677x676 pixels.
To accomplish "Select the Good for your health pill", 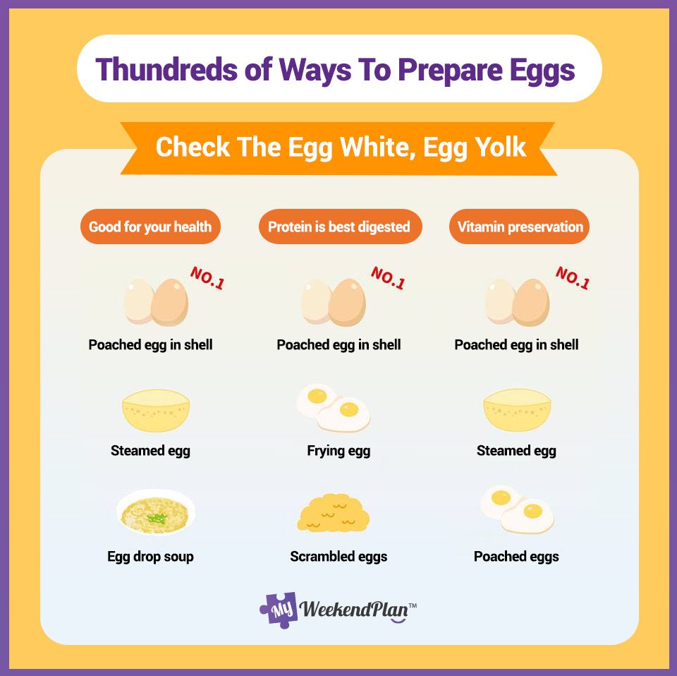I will pos(150,227).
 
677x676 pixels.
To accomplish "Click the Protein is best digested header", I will pos(338,227).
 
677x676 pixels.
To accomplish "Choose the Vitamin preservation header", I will pos(520,227).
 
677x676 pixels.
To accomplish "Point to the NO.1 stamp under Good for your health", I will pos(207,278).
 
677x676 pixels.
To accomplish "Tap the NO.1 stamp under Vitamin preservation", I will pos(572,278).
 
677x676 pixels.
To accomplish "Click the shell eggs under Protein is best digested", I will pos(334,301).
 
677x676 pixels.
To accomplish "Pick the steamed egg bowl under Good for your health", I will pos(156,410).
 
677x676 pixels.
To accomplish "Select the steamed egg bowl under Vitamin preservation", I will pos(516,410).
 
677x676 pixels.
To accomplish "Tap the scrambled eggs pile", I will pos(333,514).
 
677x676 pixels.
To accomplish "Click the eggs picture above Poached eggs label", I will pos(517,509).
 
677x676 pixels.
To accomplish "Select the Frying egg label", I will pos(338,451).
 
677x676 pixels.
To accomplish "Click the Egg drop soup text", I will pos(150,557).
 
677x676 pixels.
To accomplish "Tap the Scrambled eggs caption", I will pos(338,557).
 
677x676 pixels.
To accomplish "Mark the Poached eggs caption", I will pos(516,557).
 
